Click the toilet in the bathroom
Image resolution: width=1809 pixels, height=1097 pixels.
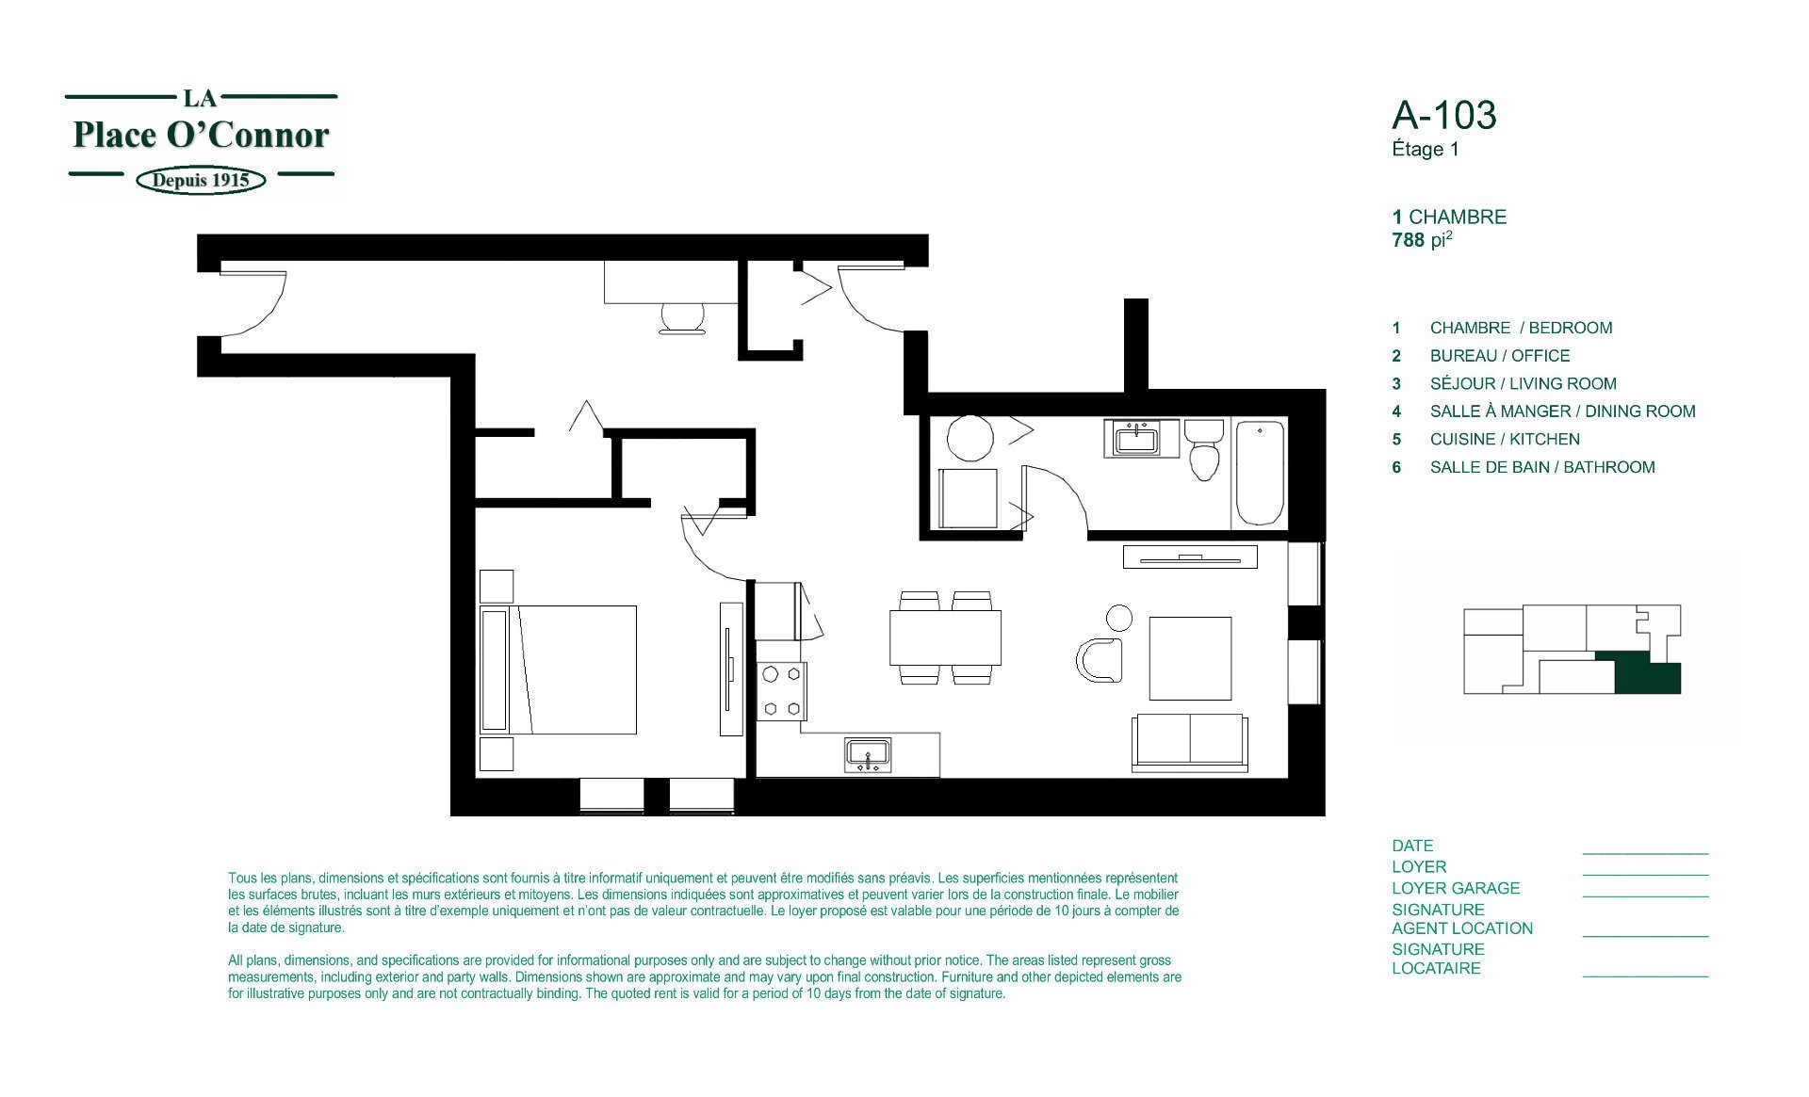click(x=1203, y=449)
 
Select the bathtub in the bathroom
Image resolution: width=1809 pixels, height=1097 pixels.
click(x=1260, y=473)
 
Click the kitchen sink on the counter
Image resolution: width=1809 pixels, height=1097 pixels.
click(x=868, y=755)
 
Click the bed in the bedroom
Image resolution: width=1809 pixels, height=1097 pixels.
click(x=558, y=669)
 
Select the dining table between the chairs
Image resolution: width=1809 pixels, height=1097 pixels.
click(x=945, y=637)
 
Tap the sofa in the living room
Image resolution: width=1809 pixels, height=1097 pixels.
click(x=1190, y=742)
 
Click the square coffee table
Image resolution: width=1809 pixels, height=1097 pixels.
click(x=1190, y=658)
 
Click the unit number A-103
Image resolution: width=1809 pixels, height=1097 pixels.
click(x=1444, y=115)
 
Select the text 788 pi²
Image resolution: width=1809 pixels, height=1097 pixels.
click(x=1422, y=239)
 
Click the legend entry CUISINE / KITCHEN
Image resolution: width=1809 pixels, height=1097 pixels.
click(x=1505, y=439)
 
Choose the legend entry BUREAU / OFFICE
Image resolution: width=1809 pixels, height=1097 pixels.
click(x=1500, y=356)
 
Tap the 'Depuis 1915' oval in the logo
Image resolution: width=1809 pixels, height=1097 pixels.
click(x=201, y=180)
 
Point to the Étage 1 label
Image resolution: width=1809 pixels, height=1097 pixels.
click(x=1425, y=149)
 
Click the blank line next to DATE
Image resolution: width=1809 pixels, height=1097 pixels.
click(x=1645, y=853)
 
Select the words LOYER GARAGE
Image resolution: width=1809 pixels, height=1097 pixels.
click(x=1456, y=888)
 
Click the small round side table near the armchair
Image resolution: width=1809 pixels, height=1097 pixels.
click(x=1119, y=618)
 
